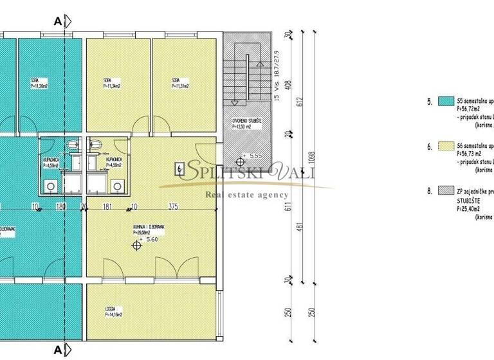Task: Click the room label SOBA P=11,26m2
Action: click(39, 84)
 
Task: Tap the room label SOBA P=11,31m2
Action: click(179, 84)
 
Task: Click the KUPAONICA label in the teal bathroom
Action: click(51, 162)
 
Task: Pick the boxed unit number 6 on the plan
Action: click(178, 170)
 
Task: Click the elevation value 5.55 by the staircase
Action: click(255, 156)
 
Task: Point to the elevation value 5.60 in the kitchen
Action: click(152, 239)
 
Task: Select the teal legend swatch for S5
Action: click(446, 101)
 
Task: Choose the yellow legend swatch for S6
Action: click(446, 147)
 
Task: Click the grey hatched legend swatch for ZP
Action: click(446, 190)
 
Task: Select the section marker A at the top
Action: click(58, 21)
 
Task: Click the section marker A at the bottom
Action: click(58, 350)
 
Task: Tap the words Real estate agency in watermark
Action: click(246, 195)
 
